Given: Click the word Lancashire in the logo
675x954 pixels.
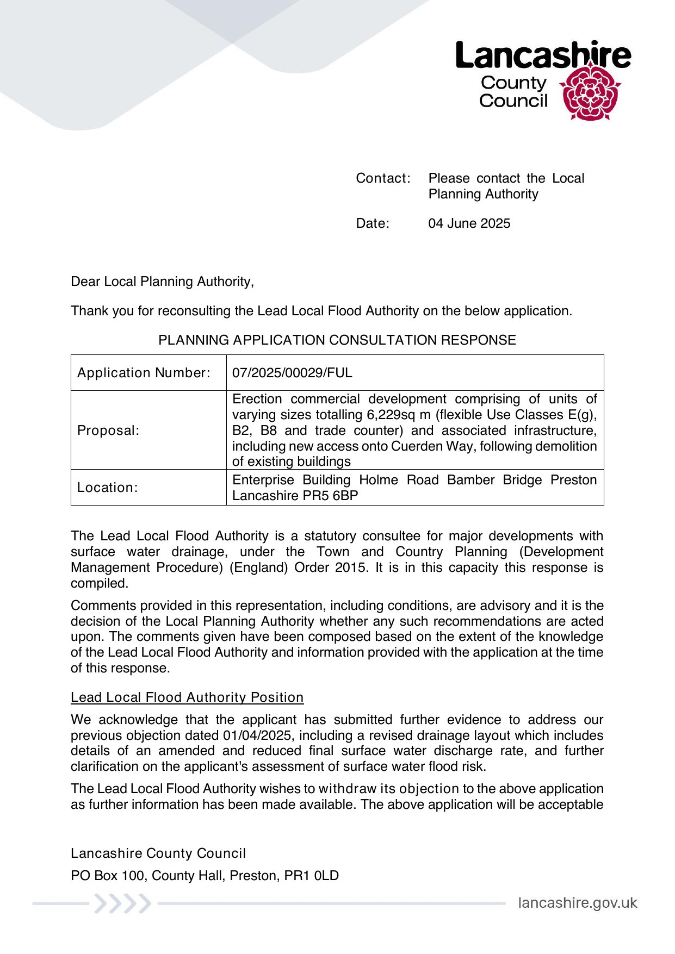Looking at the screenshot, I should pyautogui.click(x=543, y=55).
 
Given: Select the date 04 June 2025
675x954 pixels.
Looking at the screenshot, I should pyautogui.click(x=469, y=223).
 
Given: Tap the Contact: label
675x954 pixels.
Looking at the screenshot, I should pyautogui.click(x=383, y=178).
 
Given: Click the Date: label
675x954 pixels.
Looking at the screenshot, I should pyautogui.click(x=373, y=223).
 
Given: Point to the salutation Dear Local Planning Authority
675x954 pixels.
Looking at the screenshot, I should pyautogui.click(x=162, y=282).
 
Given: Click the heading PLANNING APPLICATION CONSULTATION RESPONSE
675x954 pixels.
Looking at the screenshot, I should pyautogui.click(x=337, y=340).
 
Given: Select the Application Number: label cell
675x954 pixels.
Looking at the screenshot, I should pyautogui.click(x=144, y=373).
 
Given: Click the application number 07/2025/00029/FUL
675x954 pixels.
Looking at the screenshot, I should pyautogui.click(x=292, y=373).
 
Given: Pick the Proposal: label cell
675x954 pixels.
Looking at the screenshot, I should pyautogui.click(x=108, y=431).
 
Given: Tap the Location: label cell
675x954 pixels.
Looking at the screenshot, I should pyautogui.click(x=107, y=488).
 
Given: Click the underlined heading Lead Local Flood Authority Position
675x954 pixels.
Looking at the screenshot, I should pyautogui.click(x=187, y=697).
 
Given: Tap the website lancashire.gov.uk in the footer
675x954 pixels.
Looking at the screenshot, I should pyautogui.click(x=577, y=903).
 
